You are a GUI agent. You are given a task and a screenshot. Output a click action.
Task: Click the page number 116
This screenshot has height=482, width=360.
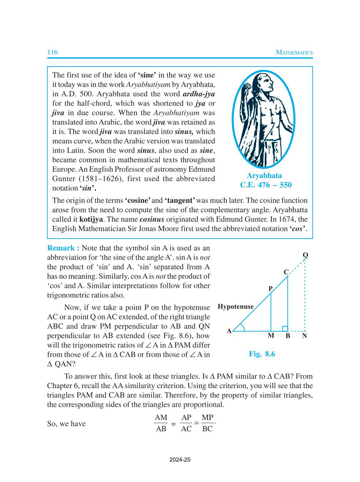[x=52, y=52]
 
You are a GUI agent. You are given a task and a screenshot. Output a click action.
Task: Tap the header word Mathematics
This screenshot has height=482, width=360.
[x=294, y=52]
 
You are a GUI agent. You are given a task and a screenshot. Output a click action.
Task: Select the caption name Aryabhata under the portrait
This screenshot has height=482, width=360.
[x=264, y=176]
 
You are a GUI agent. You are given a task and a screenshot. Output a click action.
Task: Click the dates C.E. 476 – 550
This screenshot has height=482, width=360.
[x=266, y=185]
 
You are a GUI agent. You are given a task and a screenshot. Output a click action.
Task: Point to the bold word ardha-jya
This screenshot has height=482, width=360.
[x=199, y=94]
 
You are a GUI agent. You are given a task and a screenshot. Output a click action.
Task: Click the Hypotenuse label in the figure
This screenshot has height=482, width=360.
[x=235, y=307]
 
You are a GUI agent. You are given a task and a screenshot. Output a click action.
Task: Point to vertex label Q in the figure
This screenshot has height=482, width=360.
[x=305, y=255]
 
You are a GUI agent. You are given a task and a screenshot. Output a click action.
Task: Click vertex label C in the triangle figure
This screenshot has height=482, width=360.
[x=286, y=272]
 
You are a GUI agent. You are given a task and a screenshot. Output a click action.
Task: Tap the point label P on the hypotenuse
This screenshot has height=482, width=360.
[x=270, y=289]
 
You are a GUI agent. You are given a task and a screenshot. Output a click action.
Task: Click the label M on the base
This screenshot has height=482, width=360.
[x=271, y=336]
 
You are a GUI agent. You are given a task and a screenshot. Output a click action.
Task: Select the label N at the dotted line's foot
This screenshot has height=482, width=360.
[x=304, y=336]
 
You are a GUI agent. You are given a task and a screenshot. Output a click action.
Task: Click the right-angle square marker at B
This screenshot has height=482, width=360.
[x=285, y=329]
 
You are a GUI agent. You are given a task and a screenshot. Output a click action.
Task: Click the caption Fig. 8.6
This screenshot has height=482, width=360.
[x=262, y=354]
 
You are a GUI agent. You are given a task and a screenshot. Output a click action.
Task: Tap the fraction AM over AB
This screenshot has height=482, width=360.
[x=161, y=423]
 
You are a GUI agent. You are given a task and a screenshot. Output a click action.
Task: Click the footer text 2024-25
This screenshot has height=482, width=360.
[x=180, y=460]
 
